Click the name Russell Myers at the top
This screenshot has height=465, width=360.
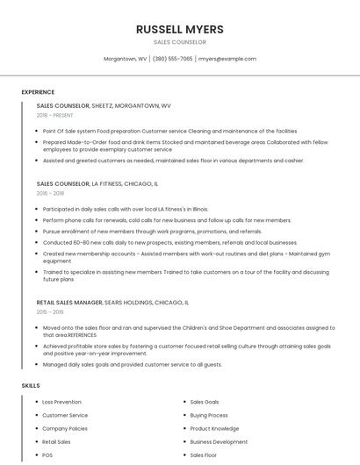[179, 29]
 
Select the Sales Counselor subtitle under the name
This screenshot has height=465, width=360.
[179, 42]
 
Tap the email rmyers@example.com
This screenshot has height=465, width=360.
[227, 59]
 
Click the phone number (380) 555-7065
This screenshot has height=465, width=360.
[172, 59]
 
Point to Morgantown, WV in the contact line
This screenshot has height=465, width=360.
[126, 59]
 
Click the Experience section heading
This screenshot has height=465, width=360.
[38, 92]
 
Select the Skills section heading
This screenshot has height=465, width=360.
[31, 386]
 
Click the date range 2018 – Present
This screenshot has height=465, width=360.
[54, 115]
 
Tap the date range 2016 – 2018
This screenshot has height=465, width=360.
[50, 193]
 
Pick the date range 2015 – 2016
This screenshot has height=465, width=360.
[50, 311]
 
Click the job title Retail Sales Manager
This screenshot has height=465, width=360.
[69, 302]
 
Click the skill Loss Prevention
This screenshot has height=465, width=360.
[61, 402]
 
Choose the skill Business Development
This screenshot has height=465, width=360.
[219, 442]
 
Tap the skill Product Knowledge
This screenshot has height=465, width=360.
[214, 429]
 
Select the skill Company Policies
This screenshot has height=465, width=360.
[65, 429]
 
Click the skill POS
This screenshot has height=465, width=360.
[47, 455]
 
